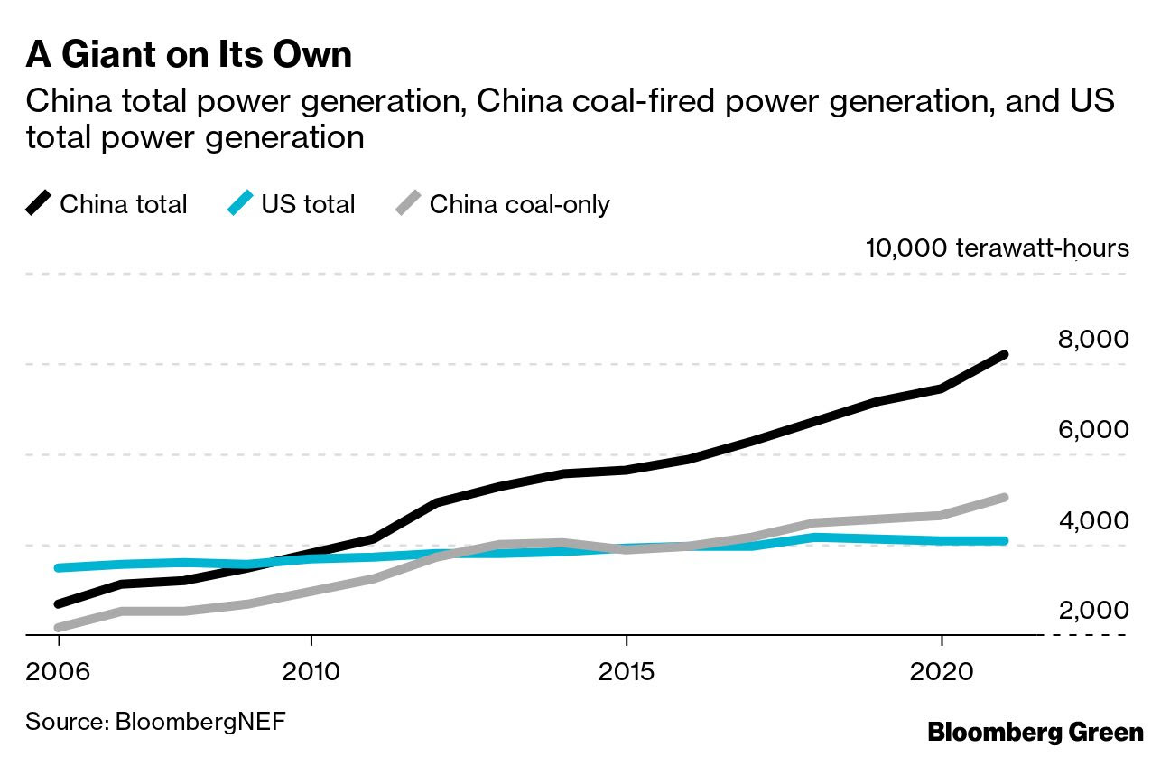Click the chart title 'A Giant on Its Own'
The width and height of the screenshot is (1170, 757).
189,55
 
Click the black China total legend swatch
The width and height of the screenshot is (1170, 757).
39,204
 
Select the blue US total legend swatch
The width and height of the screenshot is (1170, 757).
241,204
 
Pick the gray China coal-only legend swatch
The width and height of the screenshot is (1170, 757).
409,204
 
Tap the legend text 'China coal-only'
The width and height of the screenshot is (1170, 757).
519,204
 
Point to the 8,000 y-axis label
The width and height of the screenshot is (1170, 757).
1092,340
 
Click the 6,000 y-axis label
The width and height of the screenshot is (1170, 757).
1092,430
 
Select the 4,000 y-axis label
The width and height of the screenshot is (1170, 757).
1092,521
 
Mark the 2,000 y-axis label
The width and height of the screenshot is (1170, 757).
1092,611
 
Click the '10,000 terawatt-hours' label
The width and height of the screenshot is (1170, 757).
997,248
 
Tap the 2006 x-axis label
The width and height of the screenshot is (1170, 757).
59,674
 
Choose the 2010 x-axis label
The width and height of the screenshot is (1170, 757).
311,674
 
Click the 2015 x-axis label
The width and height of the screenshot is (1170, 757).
626,674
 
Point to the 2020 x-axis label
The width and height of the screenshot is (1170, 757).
941,674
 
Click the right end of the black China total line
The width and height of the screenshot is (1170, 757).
1004,355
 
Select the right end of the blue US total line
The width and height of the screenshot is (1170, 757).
1004,541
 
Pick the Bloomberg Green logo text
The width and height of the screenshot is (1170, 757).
1035,732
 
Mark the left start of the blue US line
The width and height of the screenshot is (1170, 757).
59,567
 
